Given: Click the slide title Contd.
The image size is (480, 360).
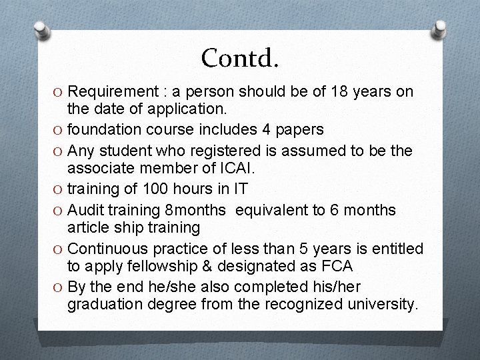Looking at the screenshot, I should tap(239, 58).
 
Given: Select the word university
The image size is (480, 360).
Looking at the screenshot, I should tap(383, 305).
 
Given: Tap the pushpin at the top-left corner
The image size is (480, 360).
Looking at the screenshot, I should tap(42, 30).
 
